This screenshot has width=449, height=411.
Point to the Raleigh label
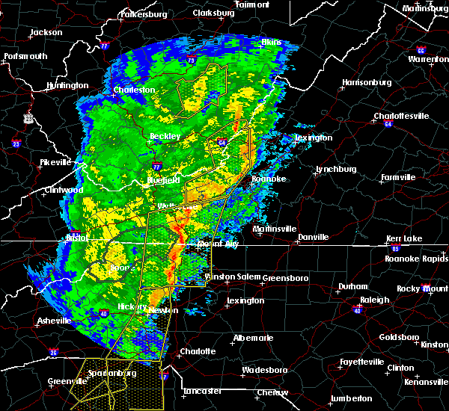375,300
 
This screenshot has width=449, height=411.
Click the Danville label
313,237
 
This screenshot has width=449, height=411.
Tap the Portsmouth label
25,56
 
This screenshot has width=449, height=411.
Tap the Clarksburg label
213,13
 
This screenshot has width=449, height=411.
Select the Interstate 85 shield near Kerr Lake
396,247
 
